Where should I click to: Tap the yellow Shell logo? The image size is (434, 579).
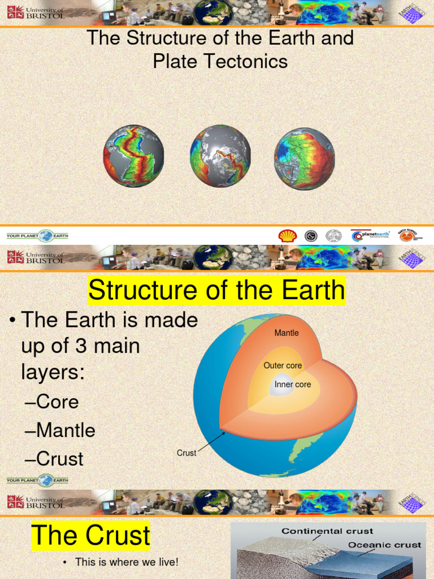pyautogui.click(x=287, y=235)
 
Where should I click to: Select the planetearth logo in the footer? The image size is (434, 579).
pyautogui.click(x=371, y=235)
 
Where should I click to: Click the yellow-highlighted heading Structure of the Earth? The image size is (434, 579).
pyautogui.click(x=216, y=291)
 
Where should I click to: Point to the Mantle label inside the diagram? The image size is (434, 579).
pyautogui.click(x=287, y=333)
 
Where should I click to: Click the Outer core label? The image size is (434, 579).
pyautogui.click(x=283, y=366)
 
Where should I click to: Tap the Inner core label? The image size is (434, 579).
pyautogui.click(x=293, y=384)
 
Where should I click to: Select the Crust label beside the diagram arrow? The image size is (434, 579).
pyautogui.click(x=186, y=453)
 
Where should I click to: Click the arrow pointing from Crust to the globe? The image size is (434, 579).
pyautogui.click(x=211, y=443)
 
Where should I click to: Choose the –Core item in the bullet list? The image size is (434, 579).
pyautogui.click(x=52, y=402)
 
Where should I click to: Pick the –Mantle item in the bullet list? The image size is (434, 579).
pyautogui.click(x=60, y=430)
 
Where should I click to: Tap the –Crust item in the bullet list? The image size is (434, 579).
pyautogui.click(x=54, y=459)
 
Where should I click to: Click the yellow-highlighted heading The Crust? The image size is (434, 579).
pyautogui.click(x=91, y=535)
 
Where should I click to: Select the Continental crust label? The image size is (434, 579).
pyautogui.click(x=327, y=531)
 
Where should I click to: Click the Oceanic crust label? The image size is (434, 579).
pyautogui.click(x=384, y=545)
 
